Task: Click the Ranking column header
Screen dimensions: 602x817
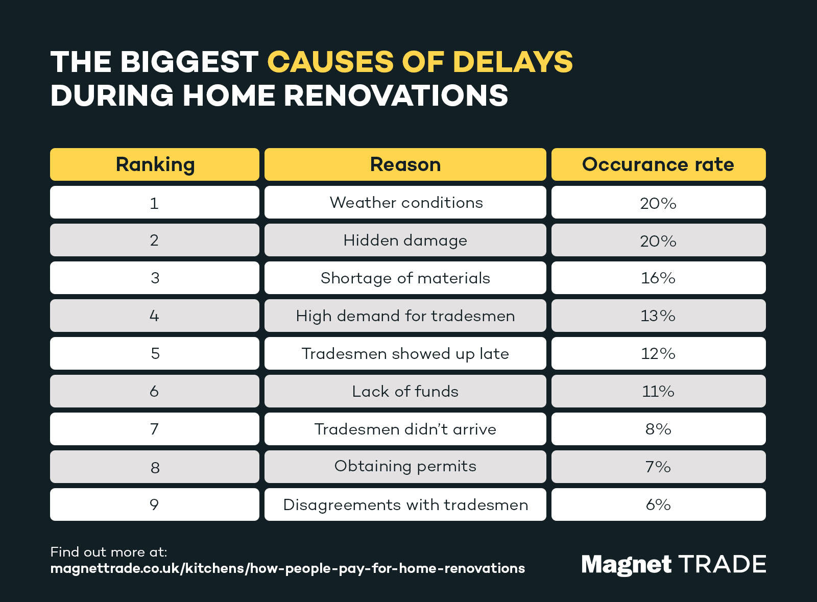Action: point(155,164)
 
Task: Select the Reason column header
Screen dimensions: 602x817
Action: point(405,164)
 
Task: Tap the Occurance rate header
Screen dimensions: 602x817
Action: point(658,164)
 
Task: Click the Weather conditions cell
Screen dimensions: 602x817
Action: point(405,202)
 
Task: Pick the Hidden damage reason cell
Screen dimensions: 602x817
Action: point(405,240)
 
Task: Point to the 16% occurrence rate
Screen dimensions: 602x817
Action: point(658,278)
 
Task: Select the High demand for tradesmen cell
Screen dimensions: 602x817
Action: point(405,316)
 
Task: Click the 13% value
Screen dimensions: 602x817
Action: point(658,316)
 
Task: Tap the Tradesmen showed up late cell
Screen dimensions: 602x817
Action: point(405,353)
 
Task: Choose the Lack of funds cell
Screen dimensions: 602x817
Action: point(405,391)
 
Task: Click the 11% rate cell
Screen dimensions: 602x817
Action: point(658,391)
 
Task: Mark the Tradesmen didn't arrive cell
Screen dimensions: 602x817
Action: point(405,429)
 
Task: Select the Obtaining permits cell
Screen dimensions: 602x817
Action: point(405,466)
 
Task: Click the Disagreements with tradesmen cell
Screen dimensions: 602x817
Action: point(405,504)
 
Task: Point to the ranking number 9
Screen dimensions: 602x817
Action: point(154,504)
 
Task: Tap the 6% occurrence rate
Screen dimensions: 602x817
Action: point(658,504)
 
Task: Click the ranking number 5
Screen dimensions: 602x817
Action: point(155,353)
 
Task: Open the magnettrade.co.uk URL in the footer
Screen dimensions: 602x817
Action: point(287,568)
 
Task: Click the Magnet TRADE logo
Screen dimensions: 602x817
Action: point(674,564)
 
